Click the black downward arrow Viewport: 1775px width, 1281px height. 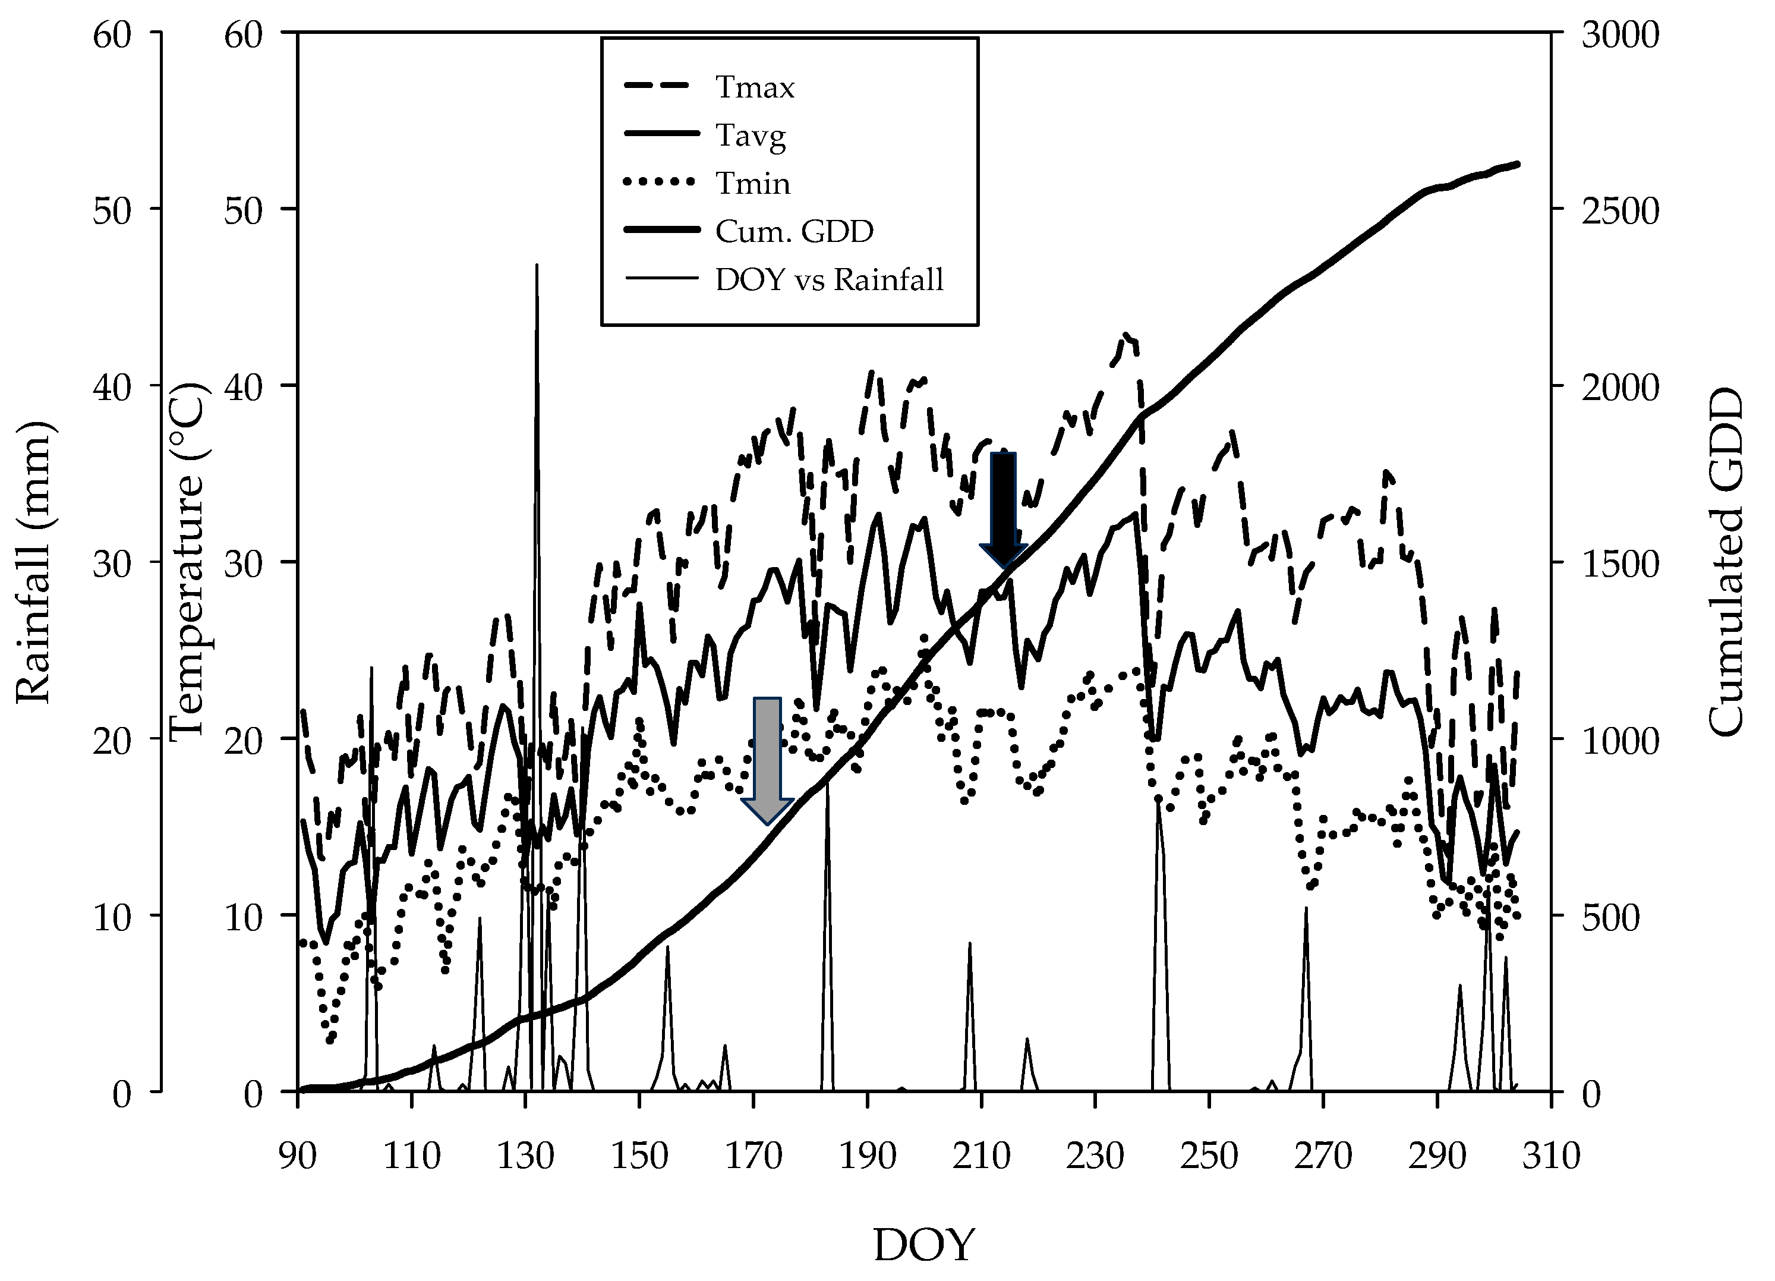pos(1003,509)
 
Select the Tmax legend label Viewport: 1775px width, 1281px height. pos(755,88)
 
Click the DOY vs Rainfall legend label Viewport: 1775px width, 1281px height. pos(829,279)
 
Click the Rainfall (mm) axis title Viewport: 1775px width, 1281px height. pos(33,563)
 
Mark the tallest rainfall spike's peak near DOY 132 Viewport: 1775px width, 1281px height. pos(537,266)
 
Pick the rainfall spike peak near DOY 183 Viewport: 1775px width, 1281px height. pos(827,775)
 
